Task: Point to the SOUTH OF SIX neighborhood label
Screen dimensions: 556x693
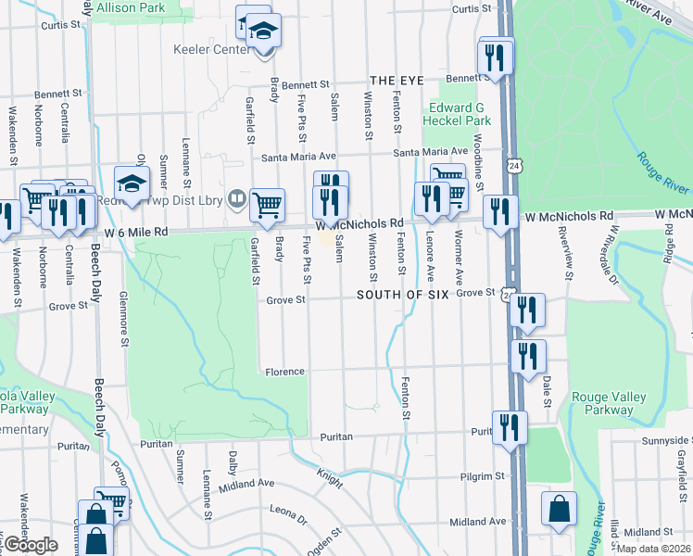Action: click(x=403, y=294)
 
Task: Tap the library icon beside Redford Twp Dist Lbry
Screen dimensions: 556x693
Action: click(x=238, y=198)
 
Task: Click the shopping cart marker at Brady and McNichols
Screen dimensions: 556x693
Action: click(x=267, y=205)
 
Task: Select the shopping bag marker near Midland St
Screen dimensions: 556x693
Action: click(x=560, y=509)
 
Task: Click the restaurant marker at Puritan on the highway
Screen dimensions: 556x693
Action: click(x=510, y=427)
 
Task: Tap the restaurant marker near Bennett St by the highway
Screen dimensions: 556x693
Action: click(x=497, y=57)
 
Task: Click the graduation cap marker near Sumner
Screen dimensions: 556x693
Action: click(x=132, y=183)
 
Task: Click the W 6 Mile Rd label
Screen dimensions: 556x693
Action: click(x=136, y=232)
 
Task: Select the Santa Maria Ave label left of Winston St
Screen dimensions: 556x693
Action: click(x=297, y=157)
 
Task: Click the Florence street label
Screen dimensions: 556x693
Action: click(x=285, y=372)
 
